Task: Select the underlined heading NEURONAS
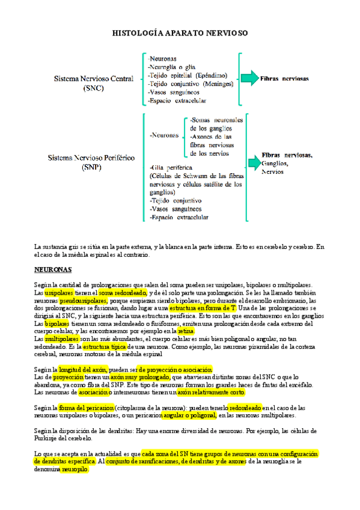click(53, 269)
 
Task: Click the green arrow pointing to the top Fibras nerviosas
click(248, 78)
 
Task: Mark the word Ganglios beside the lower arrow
click(275, 164)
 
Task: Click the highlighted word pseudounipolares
click(83, 300)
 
